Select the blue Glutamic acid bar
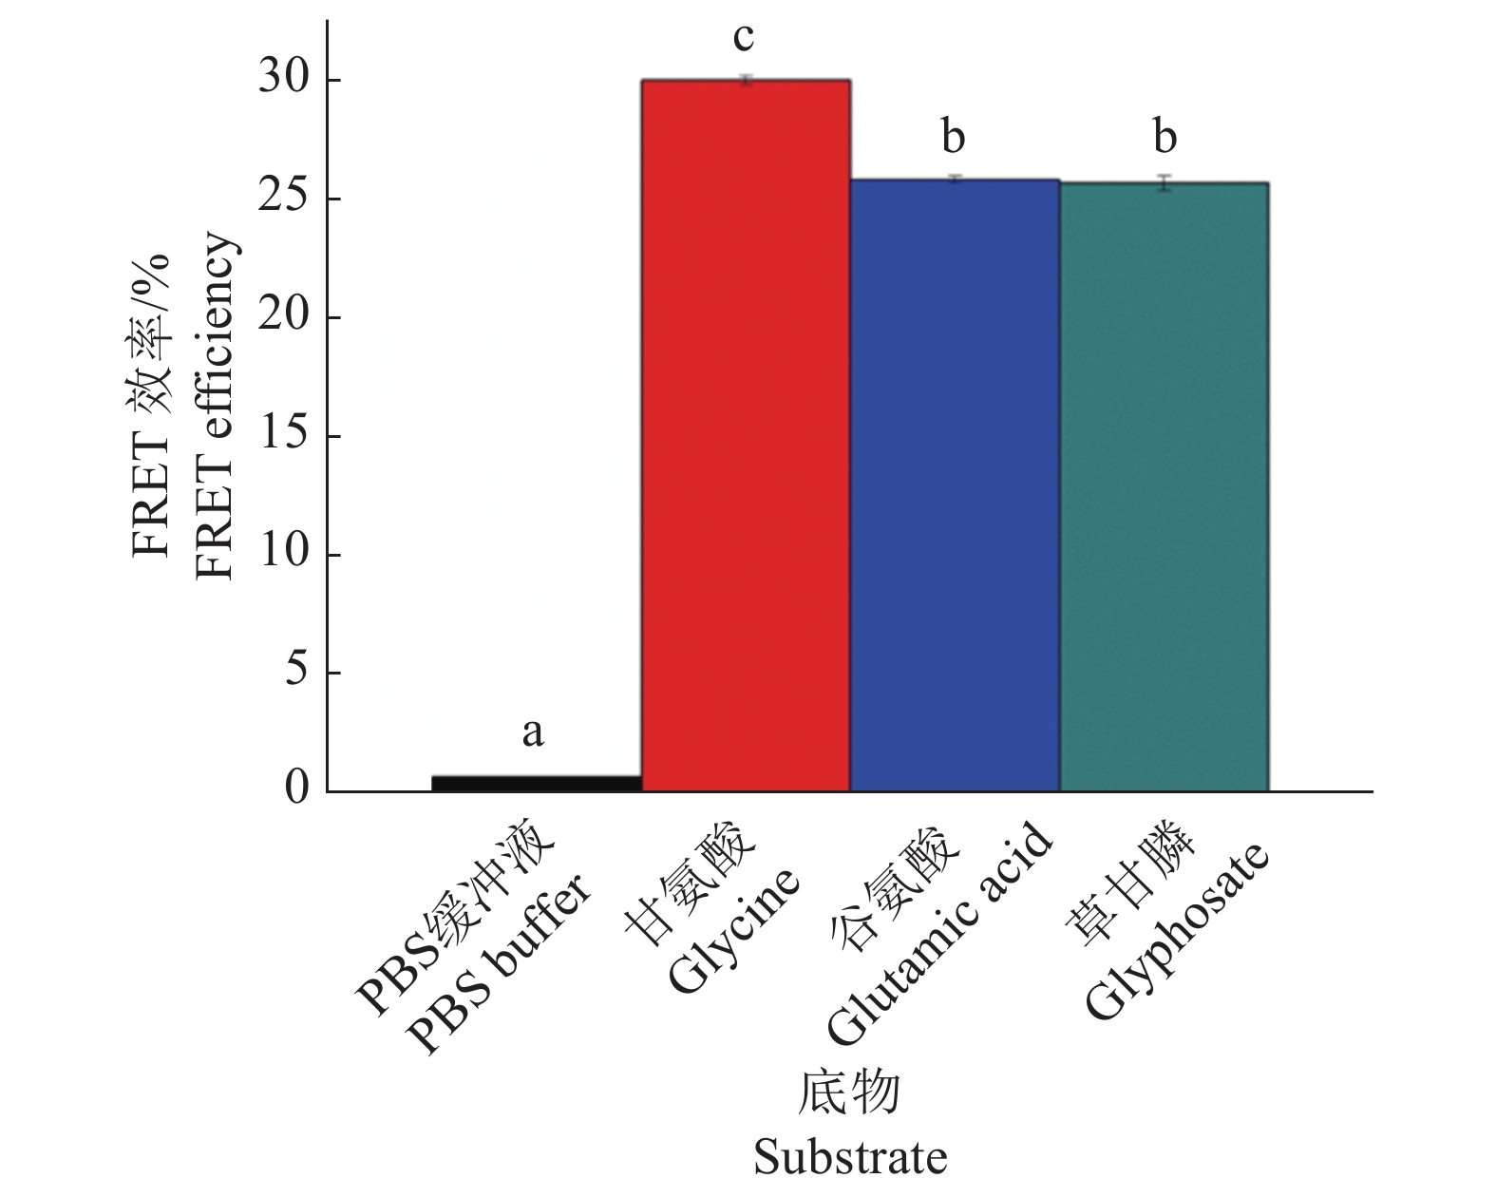tap(955, 484)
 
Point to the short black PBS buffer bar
tap(537, 783)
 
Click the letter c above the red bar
tap(744, 38)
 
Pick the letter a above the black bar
tap(533, 731)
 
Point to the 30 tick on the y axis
tap(284, 78)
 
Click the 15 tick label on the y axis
tap(284, 434)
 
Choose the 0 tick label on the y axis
tap(297, 788)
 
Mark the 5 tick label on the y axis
tap(297, 671)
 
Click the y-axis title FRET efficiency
tap(215, 407)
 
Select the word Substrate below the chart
tap(850, 1158)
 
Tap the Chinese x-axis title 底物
tap(849, 1093)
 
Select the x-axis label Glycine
tap(733, 931)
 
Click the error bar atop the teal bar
tap(1165, 182)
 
